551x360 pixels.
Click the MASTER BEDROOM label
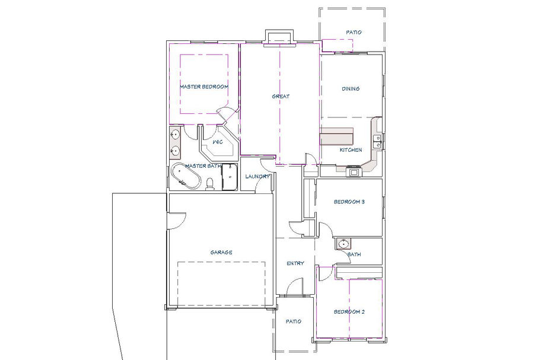[204, 87]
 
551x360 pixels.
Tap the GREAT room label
[281, 96]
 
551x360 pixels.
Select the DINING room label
[351, 89]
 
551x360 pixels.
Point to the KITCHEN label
[351, 150]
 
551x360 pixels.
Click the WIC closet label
[218, 142]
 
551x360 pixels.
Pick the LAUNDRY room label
[257, 176]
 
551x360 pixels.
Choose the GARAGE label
[221, 252]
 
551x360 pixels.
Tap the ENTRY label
[295, 263]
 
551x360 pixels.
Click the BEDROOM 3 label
[349, 202]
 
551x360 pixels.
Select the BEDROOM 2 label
[349, 312]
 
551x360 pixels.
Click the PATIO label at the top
[353, 32]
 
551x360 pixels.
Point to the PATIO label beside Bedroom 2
[294, 321]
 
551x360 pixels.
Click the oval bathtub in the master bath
[186, 176]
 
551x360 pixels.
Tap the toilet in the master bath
[210, 184]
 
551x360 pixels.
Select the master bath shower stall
[229, 177]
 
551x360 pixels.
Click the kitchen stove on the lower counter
[353, 172]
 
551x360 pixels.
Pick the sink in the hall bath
[343, 244]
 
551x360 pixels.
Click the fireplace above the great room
[279, 38]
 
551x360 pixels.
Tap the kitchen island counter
[336, 136]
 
